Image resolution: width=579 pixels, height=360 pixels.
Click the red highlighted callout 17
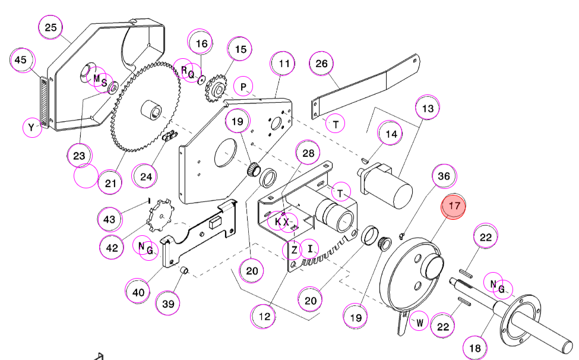pyautogui.click(x=454, y=206)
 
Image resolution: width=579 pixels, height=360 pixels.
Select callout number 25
pyautogui.click(x=51, y=27)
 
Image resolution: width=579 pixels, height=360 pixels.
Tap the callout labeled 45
pyautogui.click(x=21, y=60)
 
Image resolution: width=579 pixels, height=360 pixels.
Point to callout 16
pyautogui.click(x=201, y=43)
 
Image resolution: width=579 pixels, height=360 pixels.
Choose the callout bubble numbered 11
pyautogui.click(x=284, y=64)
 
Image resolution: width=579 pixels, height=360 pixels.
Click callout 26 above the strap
pyautogui.click(x=322, y=64)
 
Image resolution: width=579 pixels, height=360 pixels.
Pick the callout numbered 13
pyautogui.click(x=428, y=108)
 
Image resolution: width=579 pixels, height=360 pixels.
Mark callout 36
pyautogui.click(x=444, y=176)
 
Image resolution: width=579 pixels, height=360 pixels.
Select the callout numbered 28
pyautogui.click(x=308, y=153)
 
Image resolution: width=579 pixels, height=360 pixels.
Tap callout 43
pyautogui.click(x=109, y=220)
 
